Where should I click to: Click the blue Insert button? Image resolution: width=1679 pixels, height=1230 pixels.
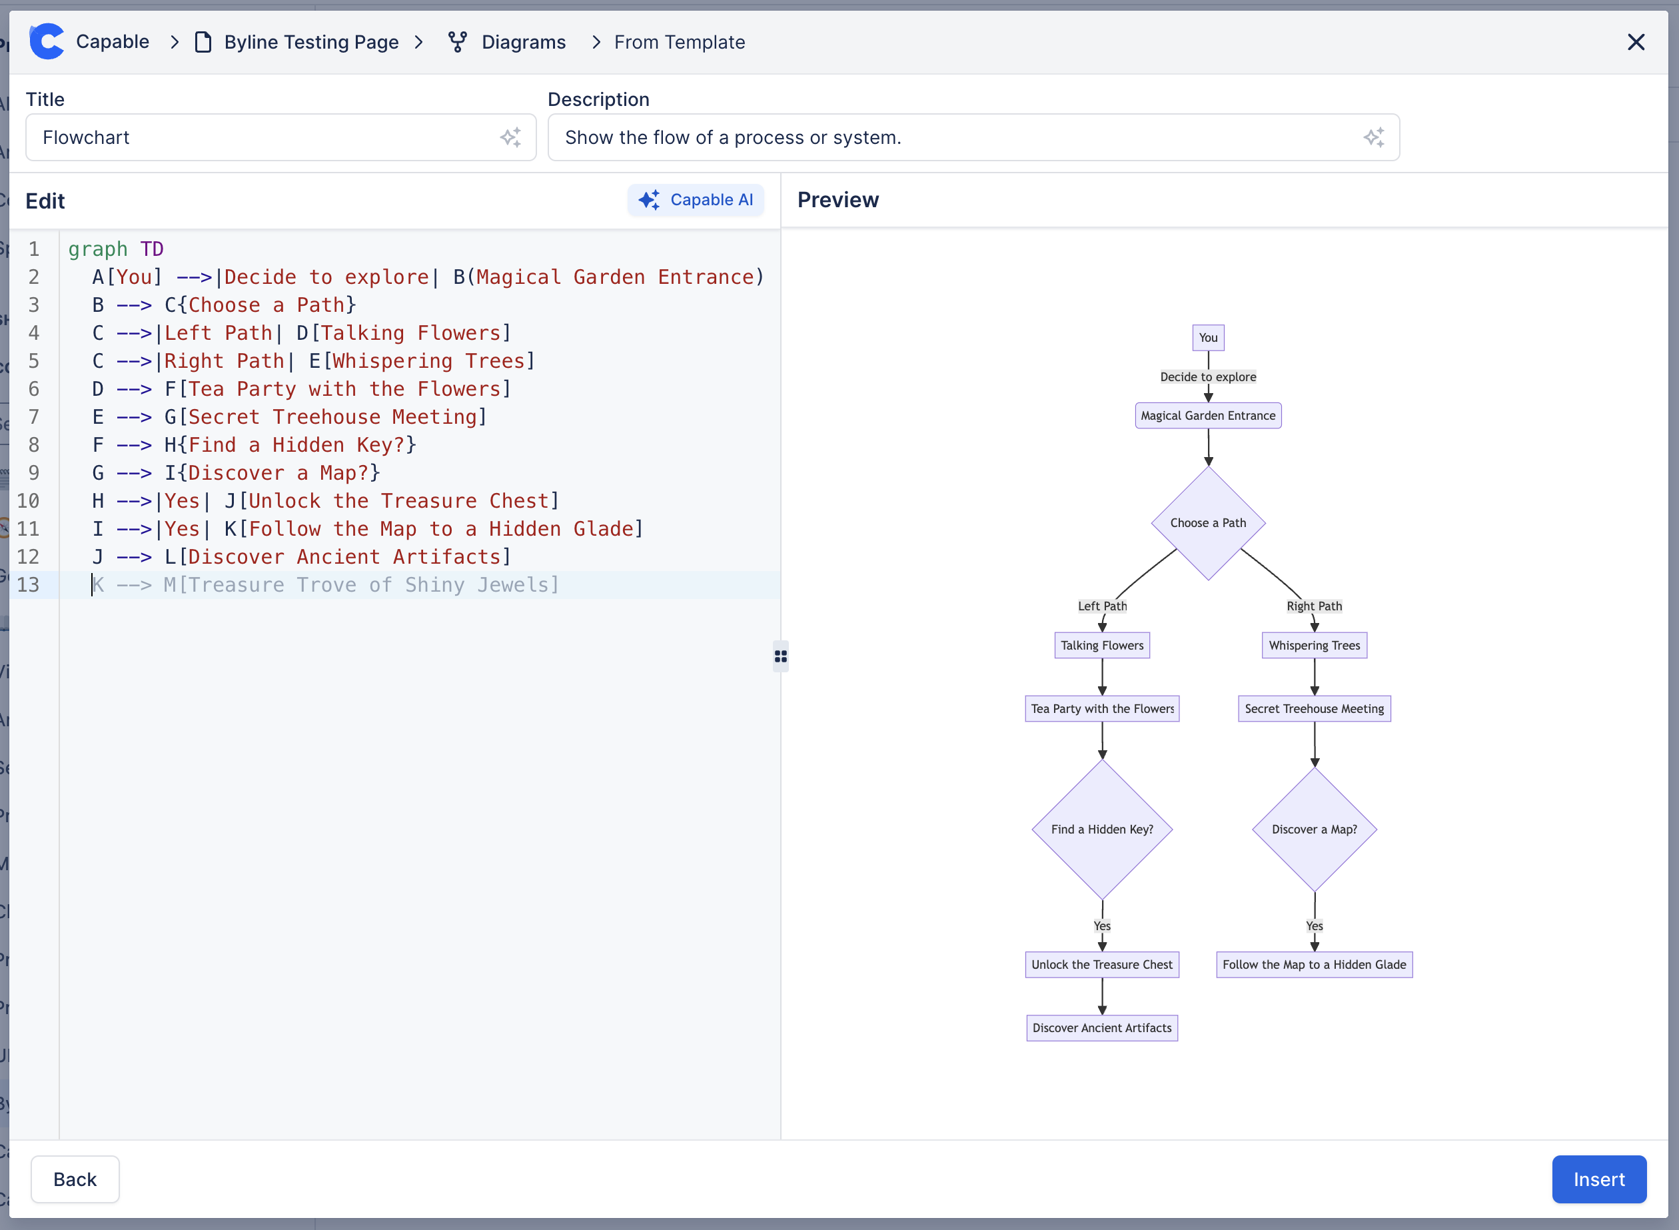pyautogui.click(x=1598, y=1179)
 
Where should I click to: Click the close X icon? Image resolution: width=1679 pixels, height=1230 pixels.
pyautogui.click(x=1635, y=43)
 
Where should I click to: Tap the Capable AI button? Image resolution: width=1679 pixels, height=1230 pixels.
pyautogui.click(x=696, y=201)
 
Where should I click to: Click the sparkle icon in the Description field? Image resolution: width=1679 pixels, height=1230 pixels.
pyautogui.click(x=1373, y=138)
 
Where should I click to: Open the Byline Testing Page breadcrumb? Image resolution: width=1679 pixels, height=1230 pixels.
pyautogui.click(x=310, y=43)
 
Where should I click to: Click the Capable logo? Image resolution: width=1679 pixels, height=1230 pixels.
pyautogui.click(x=47, y=42)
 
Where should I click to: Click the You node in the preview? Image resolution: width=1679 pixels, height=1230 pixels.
pyautogui.click(x=1208, y=338)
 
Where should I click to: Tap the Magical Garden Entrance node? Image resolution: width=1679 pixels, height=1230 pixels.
pyautogui.click(x=1208, y=416)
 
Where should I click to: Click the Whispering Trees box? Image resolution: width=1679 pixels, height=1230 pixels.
pyautogui.click(x=1314, y=646)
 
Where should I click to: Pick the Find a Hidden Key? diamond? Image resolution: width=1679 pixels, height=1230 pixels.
pyautogui.click(x=1102, y=830)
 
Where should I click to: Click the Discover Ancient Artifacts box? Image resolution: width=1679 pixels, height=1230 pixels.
pyautogui.click(x=1102, y=1028)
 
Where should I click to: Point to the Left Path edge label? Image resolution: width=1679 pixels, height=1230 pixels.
pyautogui.click(x=1102, y=606)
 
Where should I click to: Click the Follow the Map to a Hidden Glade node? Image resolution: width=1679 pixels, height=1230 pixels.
pyautogui.click(x=1314, y=965)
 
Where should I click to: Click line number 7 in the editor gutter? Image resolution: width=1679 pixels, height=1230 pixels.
pyautogui.click(x=33, y=417)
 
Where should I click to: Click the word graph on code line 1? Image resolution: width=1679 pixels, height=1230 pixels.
pyautogui.click(x=97, y=249)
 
